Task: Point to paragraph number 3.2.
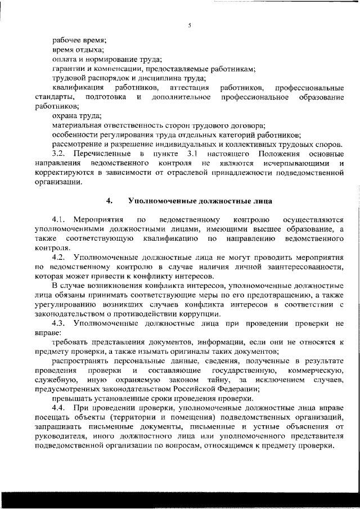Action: [x=59, y=154]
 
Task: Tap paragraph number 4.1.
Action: [x=59, y=219]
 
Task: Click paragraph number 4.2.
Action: [x=59, y=257]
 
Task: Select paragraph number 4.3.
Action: [x=59, y=324]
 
